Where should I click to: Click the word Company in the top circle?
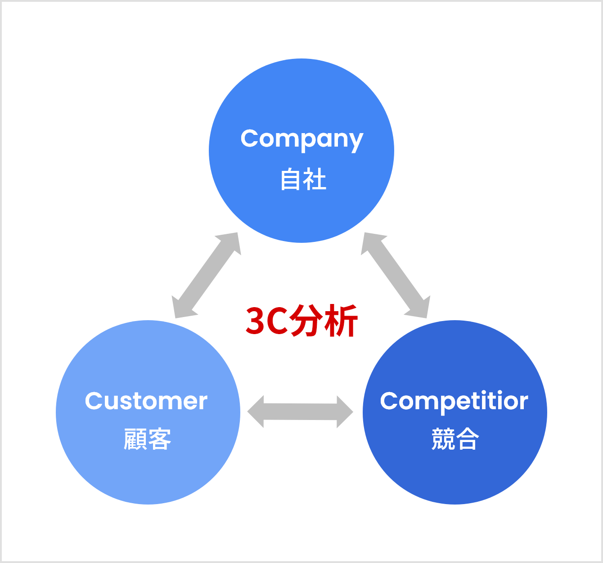tap(302, 140)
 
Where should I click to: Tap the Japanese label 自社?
tap(303, 179)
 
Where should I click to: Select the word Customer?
tap(146, 401)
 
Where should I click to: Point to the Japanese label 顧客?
tap(148, 439)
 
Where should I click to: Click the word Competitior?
tap(454, 402)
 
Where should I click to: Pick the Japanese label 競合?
tap(455, 438)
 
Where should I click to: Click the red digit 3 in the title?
tap(255, 321)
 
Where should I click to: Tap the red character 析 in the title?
tap(341, 321)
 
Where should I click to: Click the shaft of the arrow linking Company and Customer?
tap(207, 276)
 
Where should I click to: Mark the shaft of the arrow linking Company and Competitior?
tap(395, 276)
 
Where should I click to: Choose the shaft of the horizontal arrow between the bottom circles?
tap(300, 412)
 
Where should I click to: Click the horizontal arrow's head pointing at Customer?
tap(256, 411)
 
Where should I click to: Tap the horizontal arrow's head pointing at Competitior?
tap(344, 412)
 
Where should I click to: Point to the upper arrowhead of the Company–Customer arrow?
tap(231, 242)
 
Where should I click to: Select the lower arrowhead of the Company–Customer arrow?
tap(181, 308)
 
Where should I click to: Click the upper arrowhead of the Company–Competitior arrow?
tap(371, 242)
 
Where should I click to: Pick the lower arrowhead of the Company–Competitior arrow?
tap(420, 308)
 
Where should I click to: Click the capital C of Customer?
tap(94, 401)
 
